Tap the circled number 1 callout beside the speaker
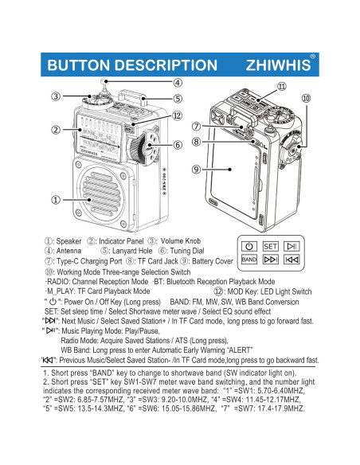[56, 201]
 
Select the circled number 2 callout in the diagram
[56, 130]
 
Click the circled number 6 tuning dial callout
[177, 145]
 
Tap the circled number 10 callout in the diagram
[305, 98]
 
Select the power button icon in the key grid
[248, 246]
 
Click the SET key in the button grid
[270, 246]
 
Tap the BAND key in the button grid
[248, 260]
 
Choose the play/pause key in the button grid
[292, 246]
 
